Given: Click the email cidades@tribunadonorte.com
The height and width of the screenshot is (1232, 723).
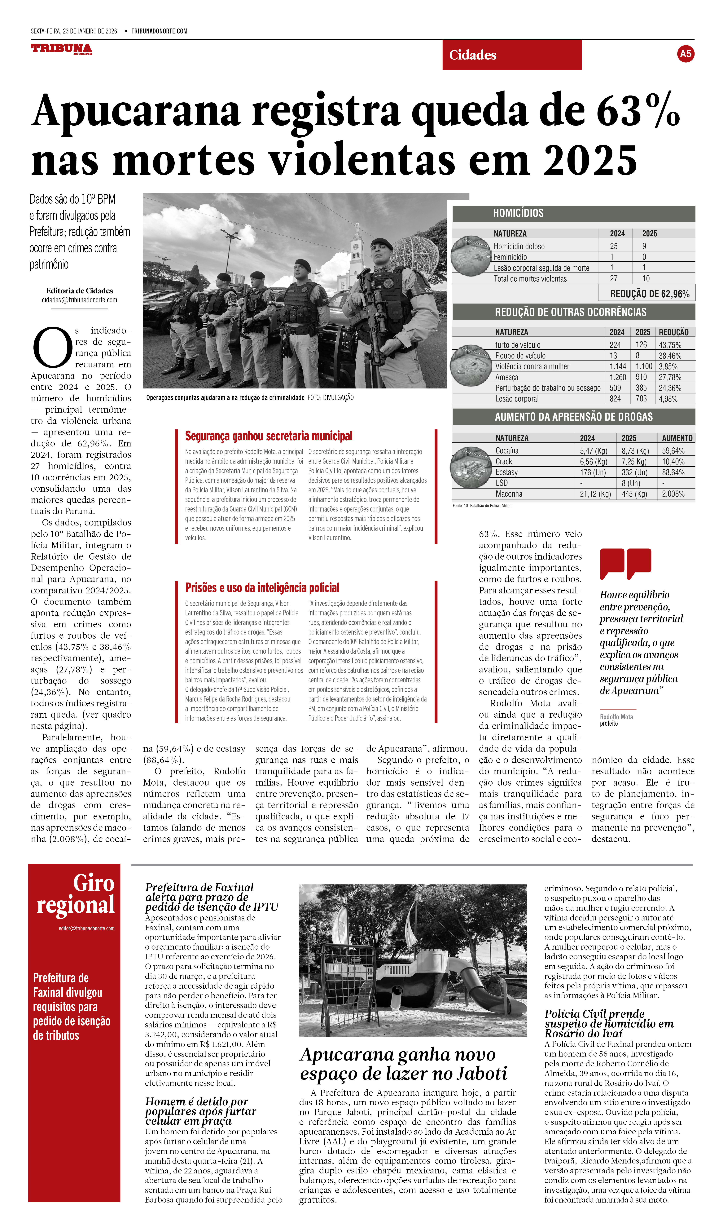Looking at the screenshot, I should [x=79, y=300].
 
